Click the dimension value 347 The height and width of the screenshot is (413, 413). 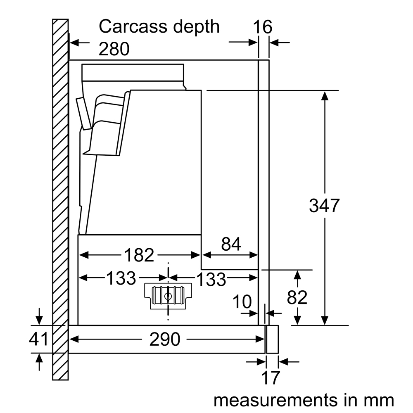324,206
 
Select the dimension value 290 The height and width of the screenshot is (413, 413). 165,339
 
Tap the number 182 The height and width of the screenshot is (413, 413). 139,255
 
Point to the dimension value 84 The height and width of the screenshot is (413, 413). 231,244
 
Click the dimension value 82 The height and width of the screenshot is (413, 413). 297,297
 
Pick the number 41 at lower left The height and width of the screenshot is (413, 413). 39,339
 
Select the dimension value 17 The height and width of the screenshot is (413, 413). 270,378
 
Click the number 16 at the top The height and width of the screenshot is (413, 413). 263,27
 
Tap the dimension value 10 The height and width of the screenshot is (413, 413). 242,302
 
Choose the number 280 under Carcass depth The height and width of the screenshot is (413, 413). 114,49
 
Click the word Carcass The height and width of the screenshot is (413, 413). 133,26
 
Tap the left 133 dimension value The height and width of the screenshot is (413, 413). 121,278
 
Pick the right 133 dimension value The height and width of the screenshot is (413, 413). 211,279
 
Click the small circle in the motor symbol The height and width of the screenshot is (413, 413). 168,296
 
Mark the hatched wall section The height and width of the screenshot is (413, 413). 61,199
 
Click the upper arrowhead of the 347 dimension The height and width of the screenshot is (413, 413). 325,96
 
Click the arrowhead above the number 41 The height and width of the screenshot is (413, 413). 39,320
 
